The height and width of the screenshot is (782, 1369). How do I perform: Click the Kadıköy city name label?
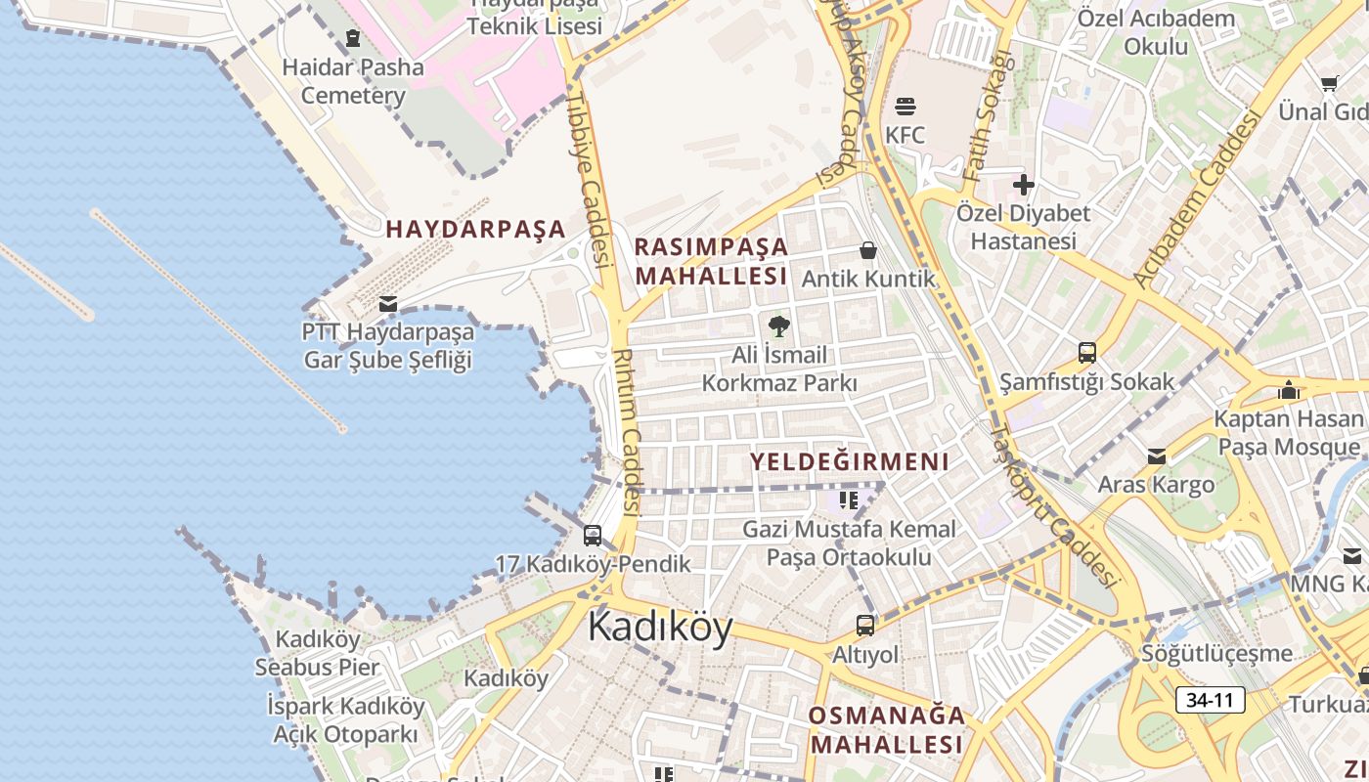tap(660, 627)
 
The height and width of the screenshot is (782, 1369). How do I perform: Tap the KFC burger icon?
tap(905, 106)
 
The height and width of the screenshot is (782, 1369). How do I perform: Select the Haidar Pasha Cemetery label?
tap(353, 81)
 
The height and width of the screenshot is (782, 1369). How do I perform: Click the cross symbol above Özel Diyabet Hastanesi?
tap(1023, 184)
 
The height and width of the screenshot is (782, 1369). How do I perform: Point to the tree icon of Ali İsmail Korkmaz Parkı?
tap(778, 326)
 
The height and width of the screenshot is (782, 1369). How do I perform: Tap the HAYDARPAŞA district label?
tap(475, 230)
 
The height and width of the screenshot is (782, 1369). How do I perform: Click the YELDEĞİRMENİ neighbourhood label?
tap(850, 461)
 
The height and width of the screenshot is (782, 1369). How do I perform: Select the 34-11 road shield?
tap(1210, 700)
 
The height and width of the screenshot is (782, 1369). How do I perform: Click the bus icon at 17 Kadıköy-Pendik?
tap(593, 535)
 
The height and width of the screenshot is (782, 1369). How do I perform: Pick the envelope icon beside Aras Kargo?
tap(1157, 456)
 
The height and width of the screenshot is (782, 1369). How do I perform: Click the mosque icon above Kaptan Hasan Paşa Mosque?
tap(1289, 390)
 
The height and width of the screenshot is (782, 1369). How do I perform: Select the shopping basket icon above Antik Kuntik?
tap(867, 251)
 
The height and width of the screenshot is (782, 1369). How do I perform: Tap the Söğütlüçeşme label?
tap(1217, 653)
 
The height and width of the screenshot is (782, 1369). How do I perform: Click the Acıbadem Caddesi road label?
tap(1198, 199)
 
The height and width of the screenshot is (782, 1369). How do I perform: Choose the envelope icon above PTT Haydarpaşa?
tap(388, 304)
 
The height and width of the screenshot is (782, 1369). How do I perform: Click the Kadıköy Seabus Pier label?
tap(317, 653)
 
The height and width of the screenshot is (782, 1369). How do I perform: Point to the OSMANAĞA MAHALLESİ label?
tap(887, 729)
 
